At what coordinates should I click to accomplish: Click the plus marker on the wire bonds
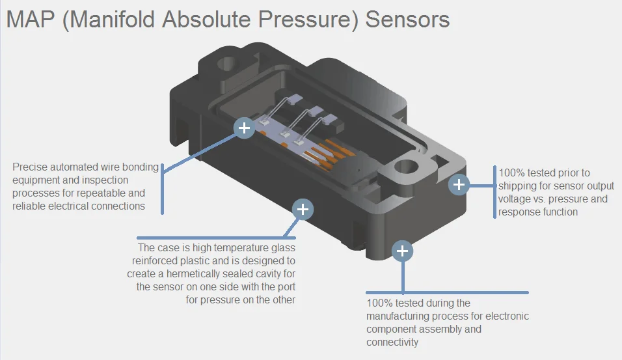point(244,128)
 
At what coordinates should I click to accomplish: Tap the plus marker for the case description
point(303,209)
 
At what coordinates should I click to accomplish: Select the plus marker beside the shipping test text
point(459,185)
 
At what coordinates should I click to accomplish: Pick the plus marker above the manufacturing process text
point(402,251)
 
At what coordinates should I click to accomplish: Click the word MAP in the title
point(31,20)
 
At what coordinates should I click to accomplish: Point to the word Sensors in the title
point(407,20)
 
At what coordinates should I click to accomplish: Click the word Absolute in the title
point(206,20)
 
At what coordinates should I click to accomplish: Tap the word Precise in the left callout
point(31,167)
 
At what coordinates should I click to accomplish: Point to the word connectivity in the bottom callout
point(392,342)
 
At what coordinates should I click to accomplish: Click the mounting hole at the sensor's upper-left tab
point(227,64)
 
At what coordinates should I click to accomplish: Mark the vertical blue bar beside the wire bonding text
point(162,189)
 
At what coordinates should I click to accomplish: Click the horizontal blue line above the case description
point(216,238)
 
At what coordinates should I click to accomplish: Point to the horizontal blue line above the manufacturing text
point(447,293)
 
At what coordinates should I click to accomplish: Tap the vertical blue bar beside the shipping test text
point(494,192)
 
